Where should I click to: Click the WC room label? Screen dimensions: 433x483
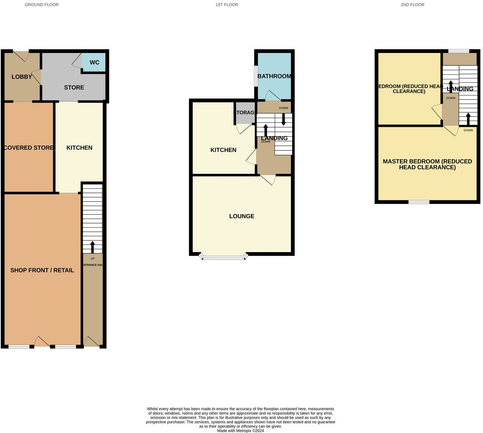94,63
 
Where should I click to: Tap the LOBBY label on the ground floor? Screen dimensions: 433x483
21,77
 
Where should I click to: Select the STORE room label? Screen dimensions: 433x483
74,88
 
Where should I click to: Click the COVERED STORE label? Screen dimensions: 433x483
29,148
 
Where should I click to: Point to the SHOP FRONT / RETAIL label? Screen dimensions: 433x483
42,270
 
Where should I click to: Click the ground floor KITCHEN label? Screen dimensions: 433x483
79,148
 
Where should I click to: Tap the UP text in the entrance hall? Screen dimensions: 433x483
92,259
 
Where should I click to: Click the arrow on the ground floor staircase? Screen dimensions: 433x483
92,247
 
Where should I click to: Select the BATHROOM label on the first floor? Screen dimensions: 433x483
274,76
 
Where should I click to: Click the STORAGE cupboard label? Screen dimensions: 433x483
245,112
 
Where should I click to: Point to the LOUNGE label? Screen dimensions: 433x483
242,216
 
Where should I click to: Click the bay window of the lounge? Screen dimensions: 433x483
224,257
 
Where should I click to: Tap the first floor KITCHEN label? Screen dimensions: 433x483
223,150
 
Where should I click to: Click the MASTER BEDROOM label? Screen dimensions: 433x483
427,164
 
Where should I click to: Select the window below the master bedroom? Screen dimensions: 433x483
419,202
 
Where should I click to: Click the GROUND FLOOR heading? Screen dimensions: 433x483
42,5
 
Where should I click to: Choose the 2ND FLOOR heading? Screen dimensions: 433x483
412,5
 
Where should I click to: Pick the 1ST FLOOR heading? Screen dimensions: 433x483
226,5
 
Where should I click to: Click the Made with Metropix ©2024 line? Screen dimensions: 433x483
240,431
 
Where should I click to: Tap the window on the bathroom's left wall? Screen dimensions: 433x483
256,76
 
